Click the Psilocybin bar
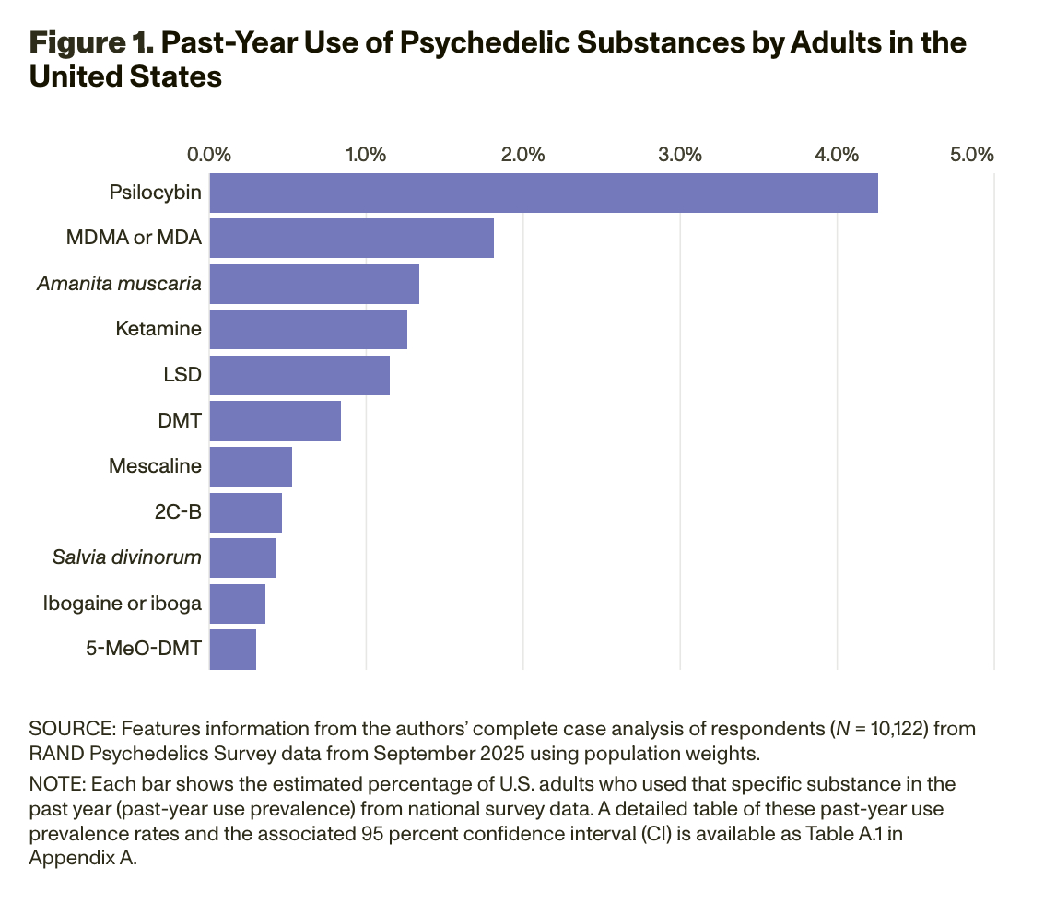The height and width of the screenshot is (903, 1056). coord(544,193)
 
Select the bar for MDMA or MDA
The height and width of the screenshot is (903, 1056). coord(352,239)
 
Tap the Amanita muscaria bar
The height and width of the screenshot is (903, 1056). coord(314,284)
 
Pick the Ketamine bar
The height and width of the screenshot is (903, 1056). coord(309,330)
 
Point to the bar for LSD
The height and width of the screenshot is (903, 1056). coord(299,375)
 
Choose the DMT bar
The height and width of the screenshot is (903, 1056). coord(276,421)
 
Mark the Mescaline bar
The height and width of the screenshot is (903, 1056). coord(251,466)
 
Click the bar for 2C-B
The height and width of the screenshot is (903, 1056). coord(246,512)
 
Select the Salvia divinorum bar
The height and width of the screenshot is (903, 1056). coord(243,557)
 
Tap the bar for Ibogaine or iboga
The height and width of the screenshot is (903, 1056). coord(238,604)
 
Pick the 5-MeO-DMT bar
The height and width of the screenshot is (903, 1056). coord(233,649)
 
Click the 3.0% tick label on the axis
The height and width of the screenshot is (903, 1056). coord(680,154)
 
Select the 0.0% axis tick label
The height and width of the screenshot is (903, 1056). coord(209,154)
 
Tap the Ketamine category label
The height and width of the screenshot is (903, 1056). coord(158,329)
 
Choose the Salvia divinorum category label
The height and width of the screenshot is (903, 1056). coord(127,557)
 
